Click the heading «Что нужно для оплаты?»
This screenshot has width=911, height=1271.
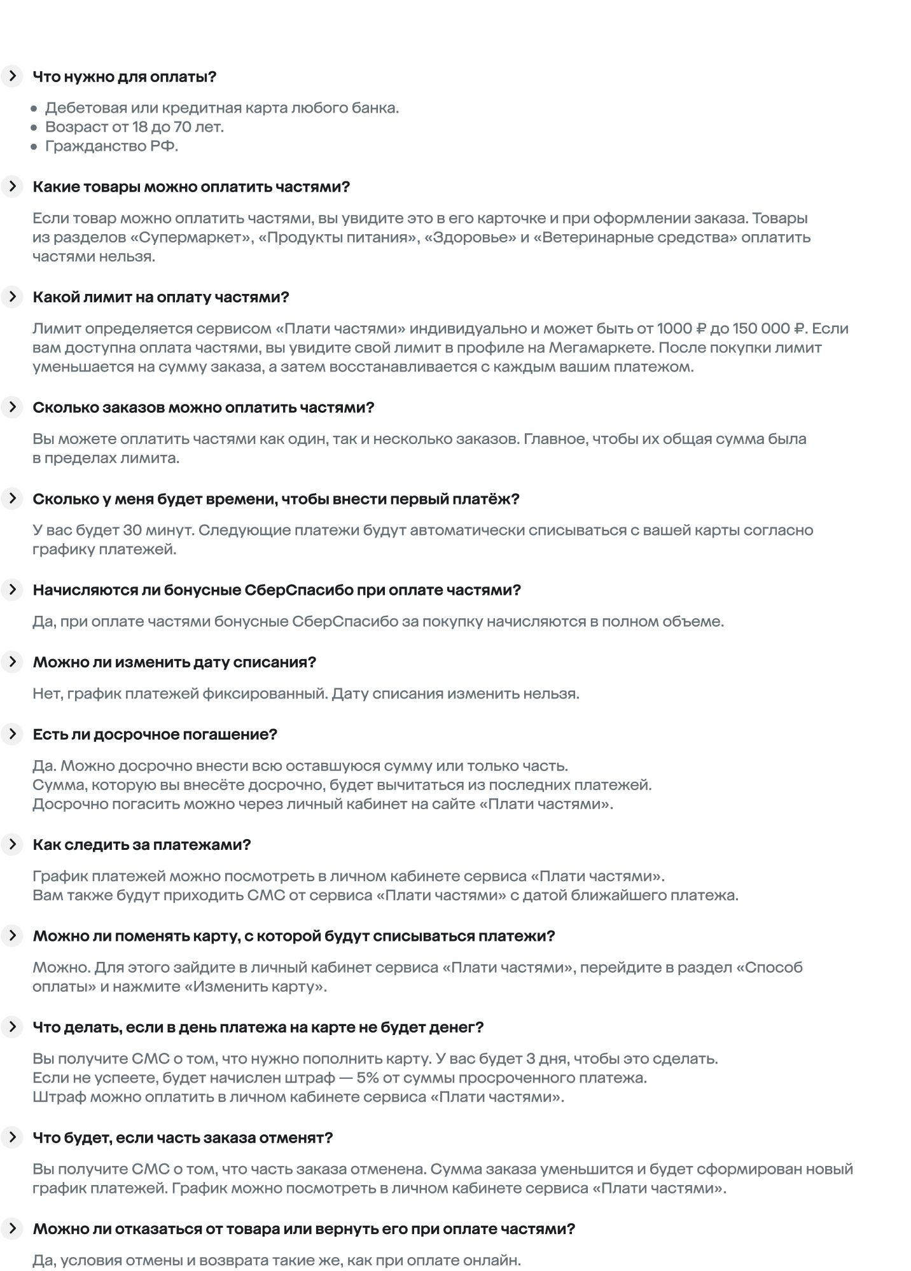pos(125,77)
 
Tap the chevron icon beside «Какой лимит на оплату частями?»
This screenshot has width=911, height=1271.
pos(12,297)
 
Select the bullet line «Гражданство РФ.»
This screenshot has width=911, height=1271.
pos(111,146)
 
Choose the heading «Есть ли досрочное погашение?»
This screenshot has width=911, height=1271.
pos(155,735)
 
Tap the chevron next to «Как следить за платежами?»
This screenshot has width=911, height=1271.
pos(12,845)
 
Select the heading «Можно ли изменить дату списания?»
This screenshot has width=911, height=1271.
pos(174,662)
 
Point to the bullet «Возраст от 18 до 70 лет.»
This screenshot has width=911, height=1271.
pos(134,127)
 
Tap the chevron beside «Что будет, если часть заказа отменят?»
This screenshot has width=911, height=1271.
pos(12,1137)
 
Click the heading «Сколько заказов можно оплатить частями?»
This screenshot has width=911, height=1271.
pos(204,408)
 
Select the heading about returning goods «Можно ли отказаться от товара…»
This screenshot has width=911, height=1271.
pos(304,1229)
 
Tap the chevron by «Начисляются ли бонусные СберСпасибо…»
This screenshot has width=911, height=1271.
pos(12,590)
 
